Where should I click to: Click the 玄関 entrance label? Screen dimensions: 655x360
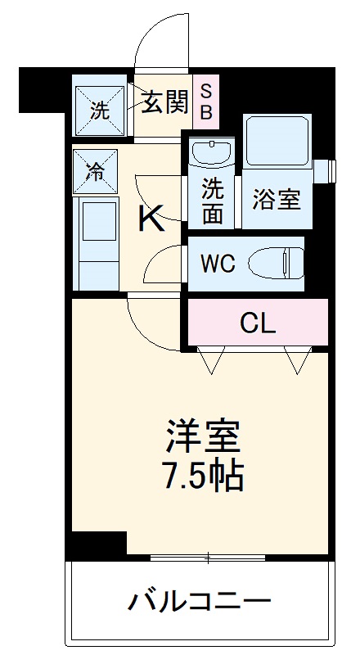pos(164,104)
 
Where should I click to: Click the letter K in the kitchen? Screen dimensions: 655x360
pos(149,219)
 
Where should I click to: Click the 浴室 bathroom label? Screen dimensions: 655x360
pos(276,200)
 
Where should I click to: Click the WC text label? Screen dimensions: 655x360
pos(218,264)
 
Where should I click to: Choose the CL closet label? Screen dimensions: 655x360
pos(259,322)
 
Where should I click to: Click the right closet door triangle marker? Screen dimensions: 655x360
pos(298,359)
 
